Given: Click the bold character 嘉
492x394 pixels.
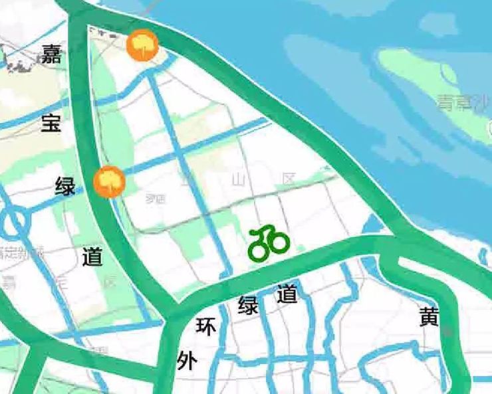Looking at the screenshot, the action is tap(51, 54).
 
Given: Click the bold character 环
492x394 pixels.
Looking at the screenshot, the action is tap(206, 326).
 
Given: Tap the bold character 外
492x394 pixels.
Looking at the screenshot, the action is tap(187, 361).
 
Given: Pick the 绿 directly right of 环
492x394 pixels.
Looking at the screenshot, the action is tap(248, 306).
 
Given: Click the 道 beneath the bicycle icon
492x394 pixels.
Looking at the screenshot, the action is tap(287, 293).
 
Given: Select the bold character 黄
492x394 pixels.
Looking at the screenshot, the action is tap(430, 318).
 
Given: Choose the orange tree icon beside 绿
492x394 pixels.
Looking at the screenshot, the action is tap(109, 181).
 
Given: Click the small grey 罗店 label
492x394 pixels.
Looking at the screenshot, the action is tap(156, 198).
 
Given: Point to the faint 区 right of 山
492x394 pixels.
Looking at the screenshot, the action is tap(288, 179).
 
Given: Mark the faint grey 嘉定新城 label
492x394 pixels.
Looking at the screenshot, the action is tap(20, 252).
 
